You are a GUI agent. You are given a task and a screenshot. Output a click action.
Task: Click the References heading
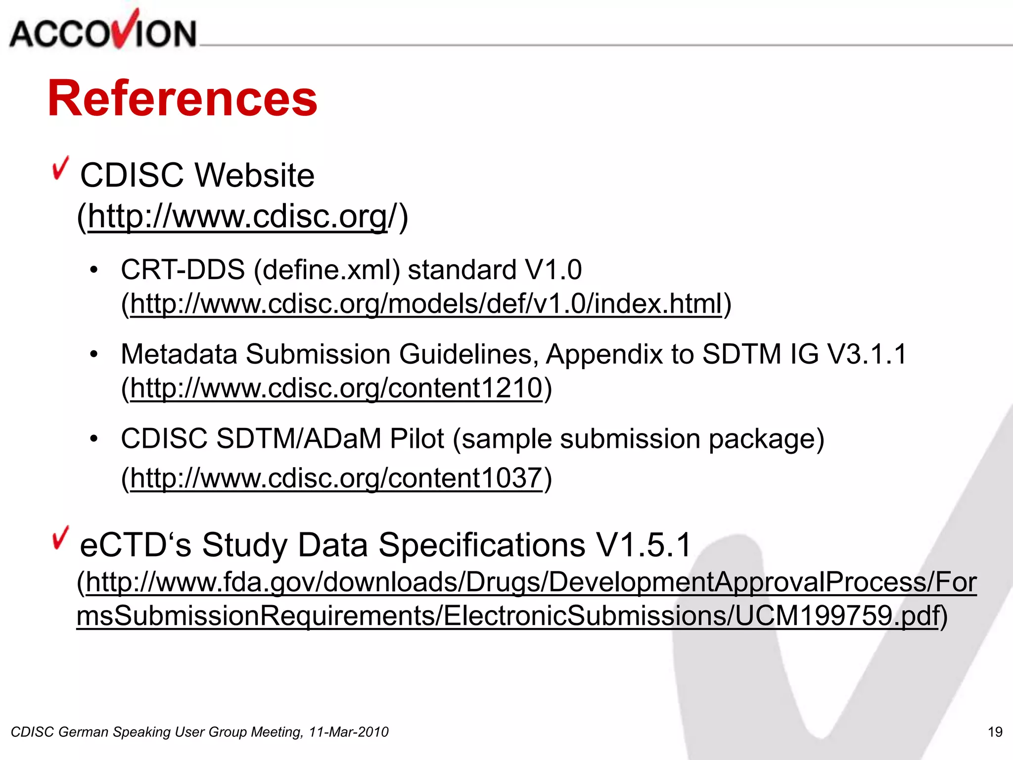click(x=182, y=99)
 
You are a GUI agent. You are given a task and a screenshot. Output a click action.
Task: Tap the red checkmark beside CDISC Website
click(x=60, y=168)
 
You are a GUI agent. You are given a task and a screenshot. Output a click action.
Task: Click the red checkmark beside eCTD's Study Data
click(x=60, y=538)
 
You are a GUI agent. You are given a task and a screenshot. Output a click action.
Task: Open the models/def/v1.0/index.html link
click(x=426, y=303)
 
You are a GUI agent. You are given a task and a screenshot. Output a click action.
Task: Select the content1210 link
click(x=336, y=388)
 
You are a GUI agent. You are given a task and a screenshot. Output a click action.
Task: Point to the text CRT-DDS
click(x=183, y=270)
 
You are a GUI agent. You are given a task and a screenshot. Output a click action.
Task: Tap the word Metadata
click(x=179, y=354)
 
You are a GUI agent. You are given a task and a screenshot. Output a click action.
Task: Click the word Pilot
click(x=416, y=439)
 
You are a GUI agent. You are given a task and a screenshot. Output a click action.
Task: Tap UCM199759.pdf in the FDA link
click(x=836, y=616)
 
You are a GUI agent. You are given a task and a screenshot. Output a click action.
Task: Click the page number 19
click(x=995, y=732)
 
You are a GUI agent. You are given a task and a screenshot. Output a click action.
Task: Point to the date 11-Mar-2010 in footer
click(x=349, y=732)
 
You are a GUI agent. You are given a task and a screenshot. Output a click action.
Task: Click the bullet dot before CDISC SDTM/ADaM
click(x=94, y=439)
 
